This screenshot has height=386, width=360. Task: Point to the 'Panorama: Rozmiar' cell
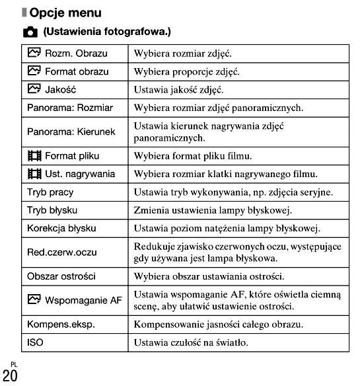point(69,107)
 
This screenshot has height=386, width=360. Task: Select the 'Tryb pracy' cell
point(50,192)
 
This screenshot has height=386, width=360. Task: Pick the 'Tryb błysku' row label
point(52,210)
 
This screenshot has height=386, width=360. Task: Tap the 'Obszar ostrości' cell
point(60,276)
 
